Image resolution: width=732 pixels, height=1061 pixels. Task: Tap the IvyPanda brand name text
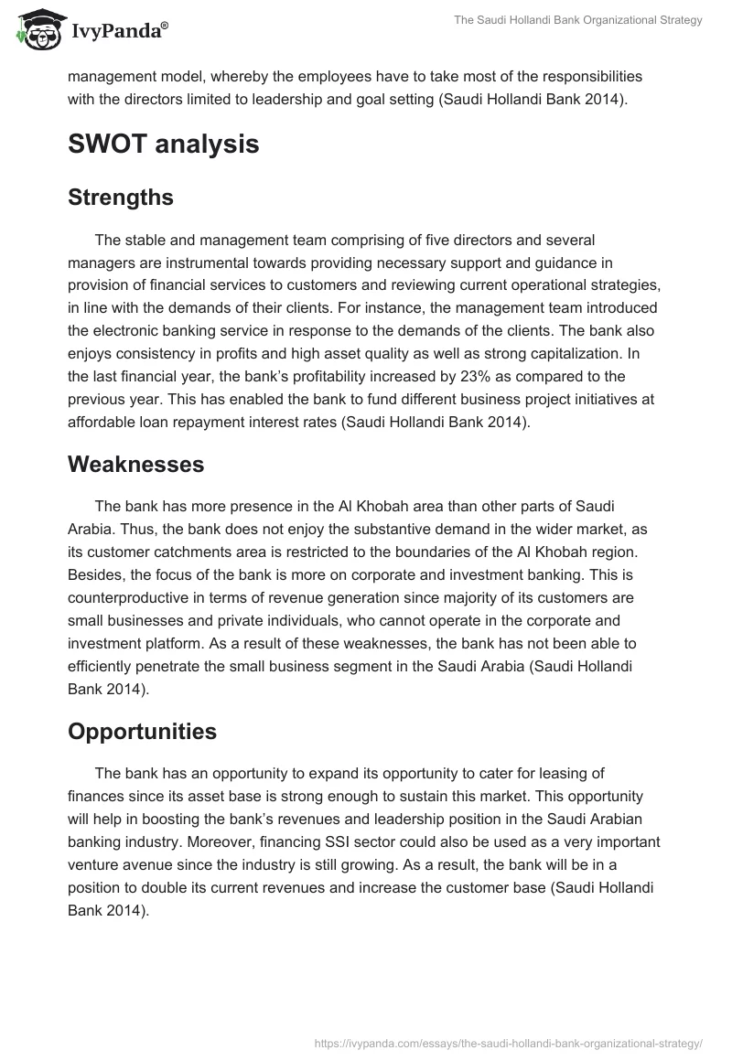(119, 32)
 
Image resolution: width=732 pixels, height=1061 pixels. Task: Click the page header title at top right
(578, 21)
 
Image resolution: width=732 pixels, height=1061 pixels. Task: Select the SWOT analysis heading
(163, 144)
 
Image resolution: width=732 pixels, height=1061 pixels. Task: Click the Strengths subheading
(121, 197)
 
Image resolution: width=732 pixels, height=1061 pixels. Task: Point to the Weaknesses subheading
(135, 464)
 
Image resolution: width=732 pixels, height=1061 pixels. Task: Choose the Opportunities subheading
(142, 731)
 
